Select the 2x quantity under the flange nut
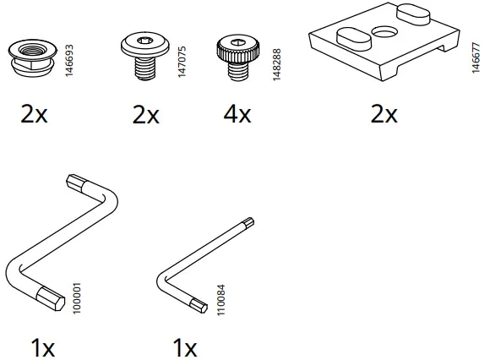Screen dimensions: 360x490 tap(35, 114)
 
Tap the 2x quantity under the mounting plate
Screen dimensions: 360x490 tap(384, 114)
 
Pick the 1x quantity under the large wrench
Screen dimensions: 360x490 tap(41, 346)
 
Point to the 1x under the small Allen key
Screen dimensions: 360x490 tap(184, 346)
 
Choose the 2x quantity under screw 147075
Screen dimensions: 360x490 tap(146, 114)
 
